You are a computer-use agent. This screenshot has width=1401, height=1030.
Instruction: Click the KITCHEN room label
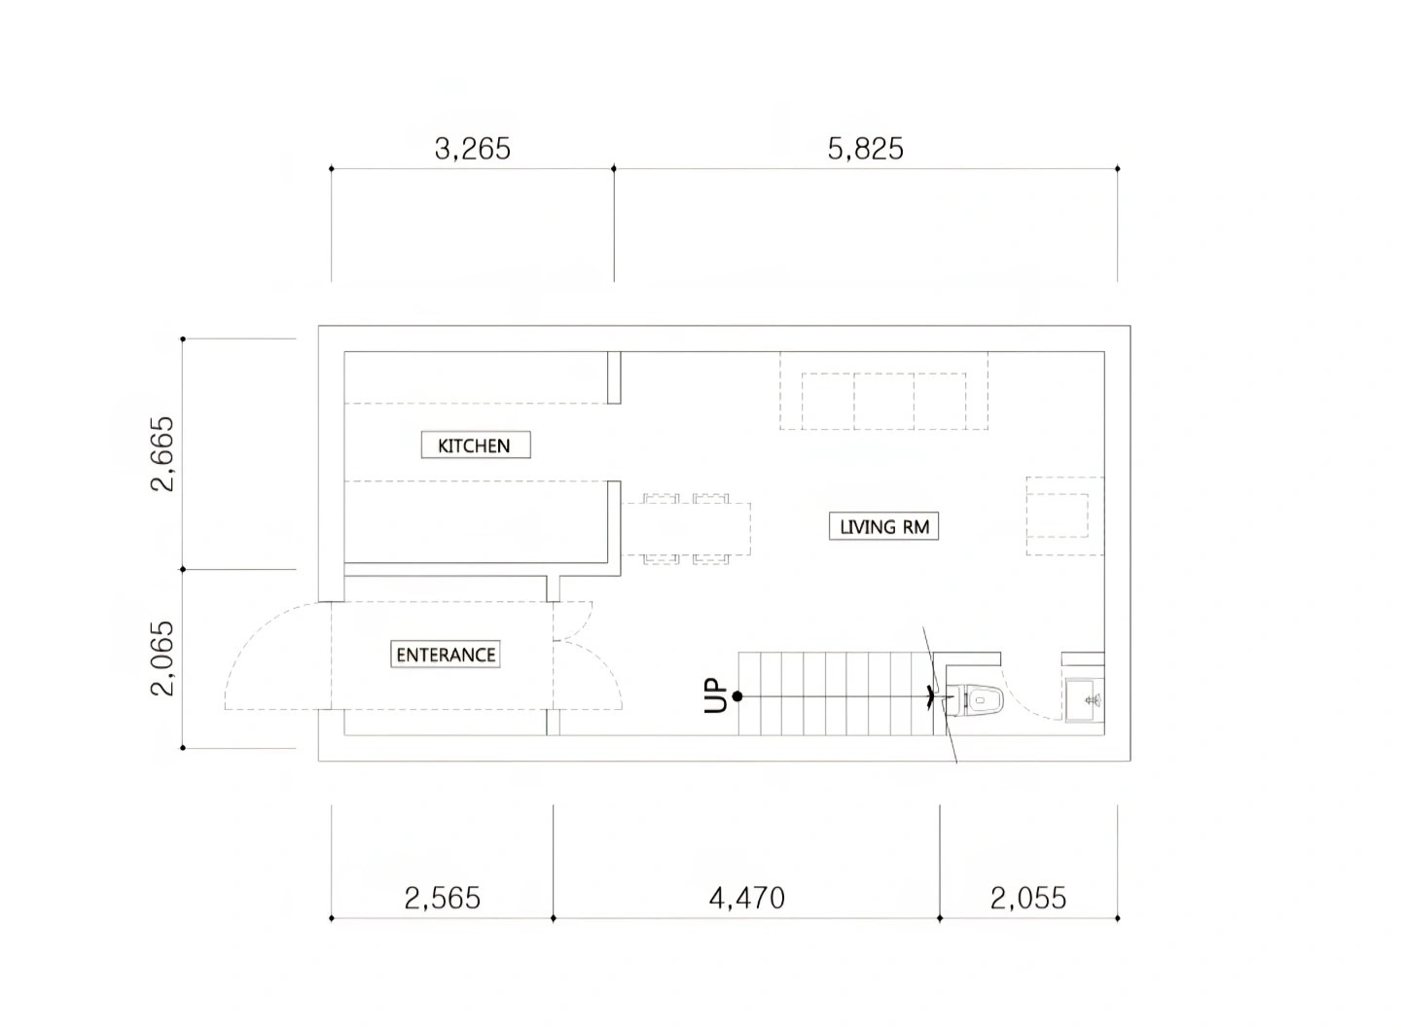476,444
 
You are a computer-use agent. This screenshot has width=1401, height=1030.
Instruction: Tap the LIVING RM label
883,526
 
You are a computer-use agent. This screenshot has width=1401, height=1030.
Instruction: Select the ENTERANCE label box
446,655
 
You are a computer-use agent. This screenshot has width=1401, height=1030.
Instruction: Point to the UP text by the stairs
716,696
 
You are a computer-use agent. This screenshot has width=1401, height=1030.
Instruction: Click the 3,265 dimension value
472,149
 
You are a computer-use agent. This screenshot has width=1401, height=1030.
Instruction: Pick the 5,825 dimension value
866,149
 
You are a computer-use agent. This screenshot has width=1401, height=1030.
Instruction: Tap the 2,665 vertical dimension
162,453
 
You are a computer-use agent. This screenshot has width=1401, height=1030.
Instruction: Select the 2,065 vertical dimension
162,658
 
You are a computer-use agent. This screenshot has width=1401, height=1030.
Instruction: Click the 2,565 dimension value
442,898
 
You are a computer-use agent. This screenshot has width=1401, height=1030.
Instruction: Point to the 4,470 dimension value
747,898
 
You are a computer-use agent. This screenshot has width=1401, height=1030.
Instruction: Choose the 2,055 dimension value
1028,898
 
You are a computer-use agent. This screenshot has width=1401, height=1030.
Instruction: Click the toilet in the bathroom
976,699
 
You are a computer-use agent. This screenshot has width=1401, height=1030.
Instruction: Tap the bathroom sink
1085,699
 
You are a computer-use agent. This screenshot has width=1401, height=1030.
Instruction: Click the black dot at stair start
737,696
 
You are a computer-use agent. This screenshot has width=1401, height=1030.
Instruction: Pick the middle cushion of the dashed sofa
883,401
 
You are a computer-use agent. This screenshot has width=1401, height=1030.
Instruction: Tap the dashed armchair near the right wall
1064,515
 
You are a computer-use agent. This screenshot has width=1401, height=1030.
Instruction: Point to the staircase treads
836,693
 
